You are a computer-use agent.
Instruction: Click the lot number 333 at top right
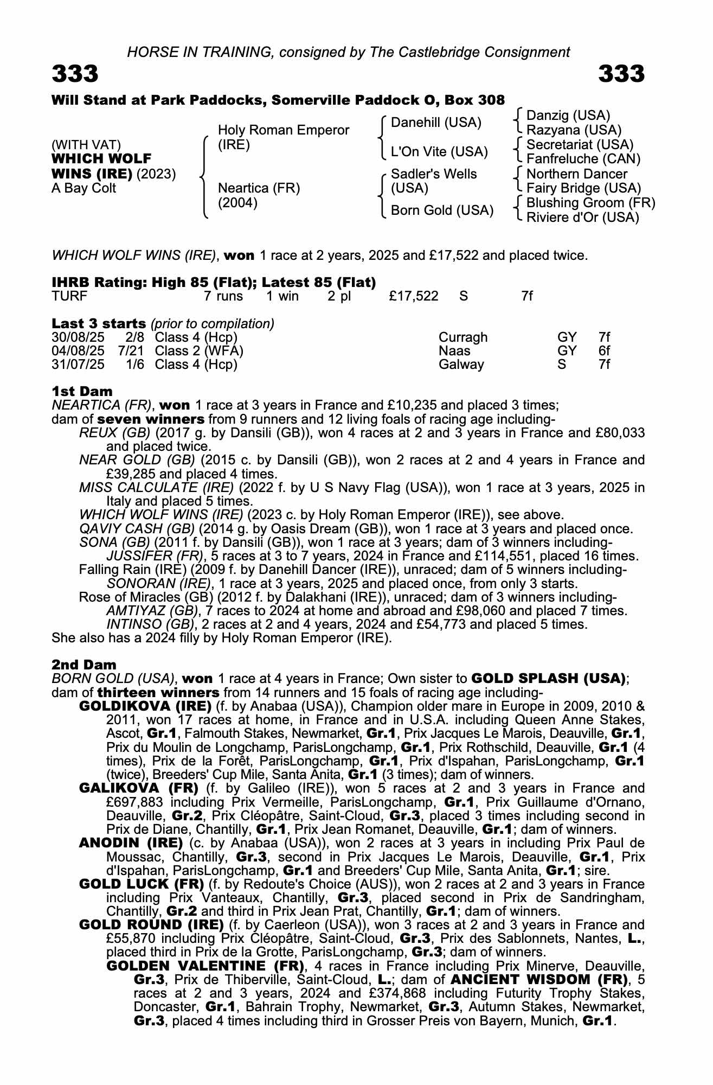(x=621, y=74)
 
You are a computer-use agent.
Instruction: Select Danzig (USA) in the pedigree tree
(x=568, y=116)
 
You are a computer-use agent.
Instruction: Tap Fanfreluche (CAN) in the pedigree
(x=583, y=159)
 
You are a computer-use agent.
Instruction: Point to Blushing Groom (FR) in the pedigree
(x=591, y=203)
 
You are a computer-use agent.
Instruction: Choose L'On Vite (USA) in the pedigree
(x=439, y=152)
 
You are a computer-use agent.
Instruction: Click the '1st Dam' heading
(x=82, y=391)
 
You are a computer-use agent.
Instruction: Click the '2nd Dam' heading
(x=84, y=665)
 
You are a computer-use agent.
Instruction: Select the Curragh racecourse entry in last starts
(x=463, y=337)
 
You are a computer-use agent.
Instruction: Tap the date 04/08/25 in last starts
(x=78, y=351)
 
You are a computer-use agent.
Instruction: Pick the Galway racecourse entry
(x=461, y=365)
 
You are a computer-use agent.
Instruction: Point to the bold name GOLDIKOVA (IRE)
(x=145, y=706)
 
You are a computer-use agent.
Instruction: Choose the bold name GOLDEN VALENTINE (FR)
(x=206, y=966)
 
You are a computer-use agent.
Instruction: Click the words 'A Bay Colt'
(x=84, y=188)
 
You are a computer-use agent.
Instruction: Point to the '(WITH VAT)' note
(x=86, y=145)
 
